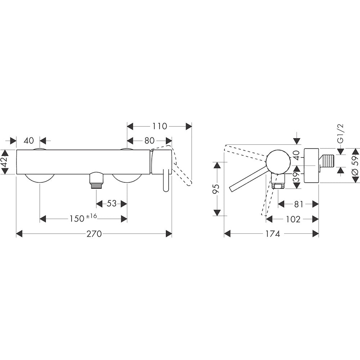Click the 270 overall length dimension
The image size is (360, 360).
click(94, 234)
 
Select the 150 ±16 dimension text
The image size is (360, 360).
click(83, 219)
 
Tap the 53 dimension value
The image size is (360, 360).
click(112, 203)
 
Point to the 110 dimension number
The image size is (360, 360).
click(159, 126)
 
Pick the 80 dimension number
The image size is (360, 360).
click(149, 141)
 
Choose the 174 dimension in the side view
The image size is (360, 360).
click(273, 234)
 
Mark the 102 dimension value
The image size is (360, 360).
click(292, 219)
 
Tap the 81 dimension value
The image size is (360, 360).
click(298, 204)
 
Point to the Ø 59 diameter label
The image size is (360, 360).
click(355, 166)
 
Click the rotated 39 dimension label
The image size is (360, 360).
click(296, 177)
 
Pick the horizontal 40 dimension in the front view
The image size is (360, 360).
click(28, 141)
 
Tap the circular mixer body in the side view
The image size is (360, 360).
click(278, 161)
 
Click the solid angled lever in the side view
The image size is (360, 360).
click(248, 178)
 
